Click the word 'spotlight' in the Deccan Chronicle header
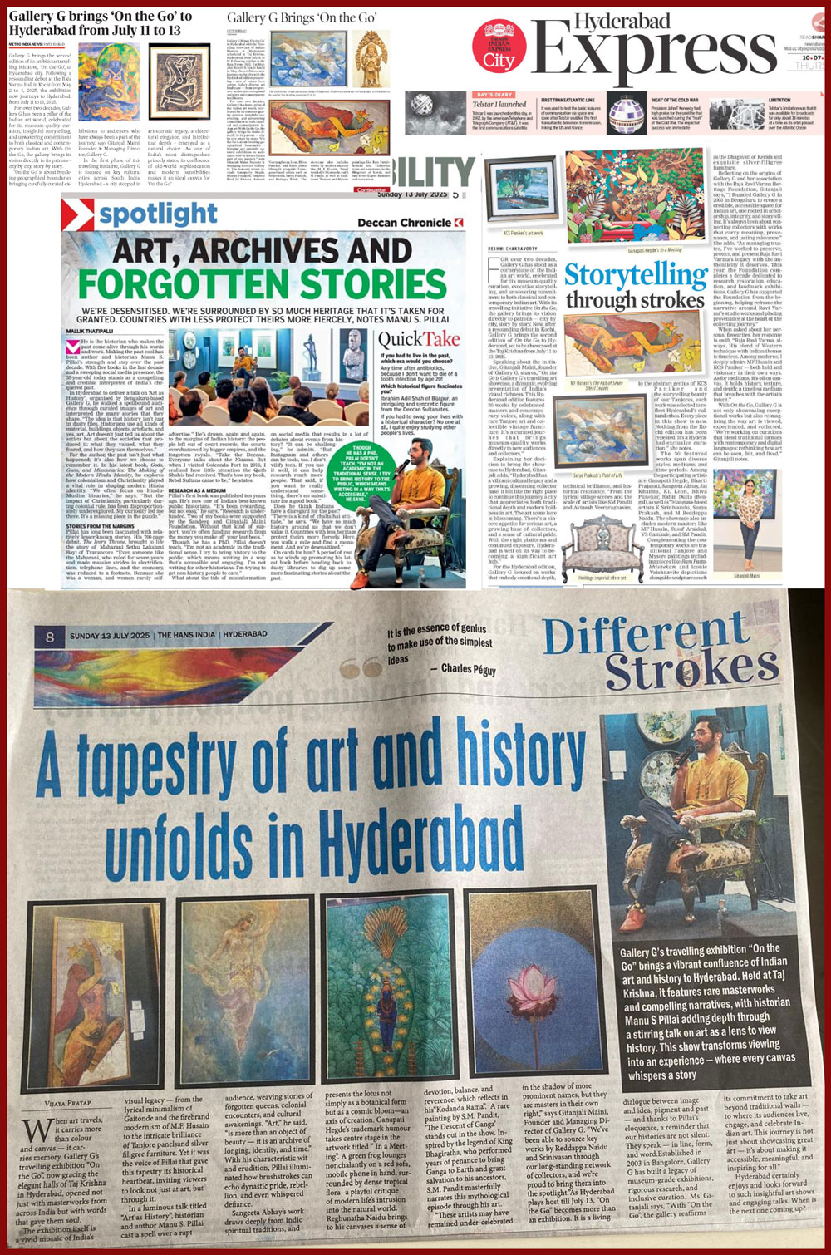(x=158, y=214)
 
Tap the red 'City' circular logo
(x=499, y=48)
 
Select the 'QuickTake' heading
(x=419, y=339)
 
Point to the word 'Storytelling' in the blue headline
(x=636, y=274)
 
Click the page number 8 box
(x=50, y=637)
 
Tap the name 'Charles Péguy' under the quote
(x=468, y=668)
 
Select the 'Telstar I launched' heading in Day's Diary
(x=499, y=105)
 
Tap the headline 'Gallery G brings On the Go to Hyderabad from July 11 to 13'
(x=100, y=23)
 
